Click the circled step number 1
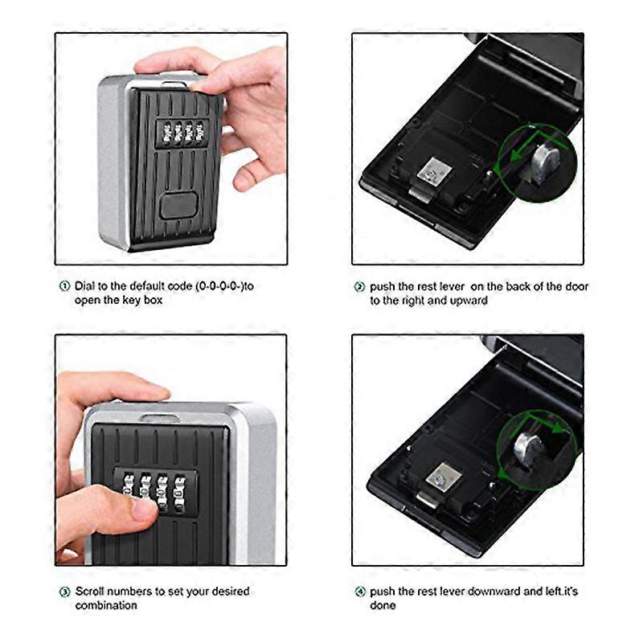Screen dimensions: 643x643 [x=64, y=286]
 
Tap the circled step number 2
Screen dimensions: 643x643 [x=360, y=286]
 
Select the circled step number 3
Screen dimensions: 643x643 [x=64, y=592]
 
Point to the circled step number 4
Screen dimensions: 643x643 [x=360, y=592]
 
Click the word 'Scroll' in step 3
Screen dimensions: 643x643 [x=90, y=592]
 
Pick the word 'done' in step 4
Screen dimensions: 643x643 [x=383, y=605]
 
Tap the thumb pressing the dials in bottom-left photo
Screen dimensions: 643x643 [x=137, y=508]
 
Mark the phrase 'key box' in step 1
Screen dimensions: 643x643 [x=144, y=300]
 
